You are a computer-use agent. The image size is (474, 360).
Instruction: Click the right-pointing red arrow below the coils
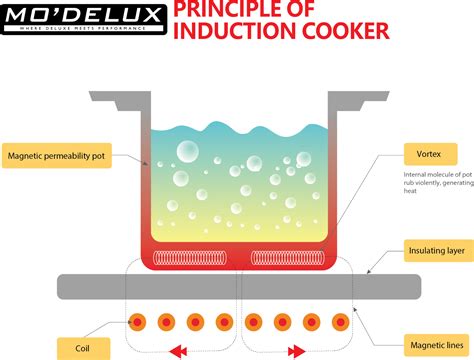coord(296,351)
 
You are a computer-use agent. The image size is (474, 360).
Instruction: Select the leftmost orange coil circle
coord(137,322)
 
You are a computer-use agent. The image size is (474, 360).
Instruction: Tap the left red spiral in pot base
coord(194,258)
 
